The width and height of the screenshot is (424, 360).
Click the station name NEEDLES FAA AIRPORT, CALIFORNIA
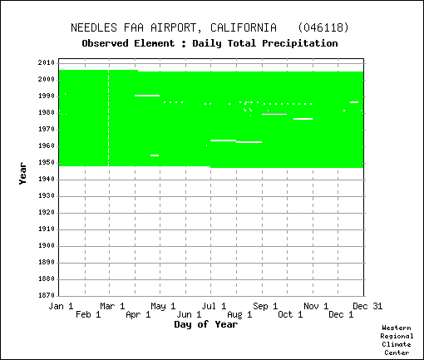[174, 28]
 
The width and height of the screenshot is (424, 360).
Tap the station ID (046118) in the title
[323, 27]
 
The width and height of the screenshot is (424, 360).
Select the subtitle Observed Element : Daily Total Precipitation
[210, 43]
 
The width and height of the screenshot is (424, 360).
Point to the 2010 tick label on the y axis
[47, 62]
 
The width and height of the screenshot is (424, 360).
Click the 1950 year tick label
[47, 163]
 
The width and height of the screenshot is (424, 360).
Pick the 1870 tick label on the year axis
[47, 295]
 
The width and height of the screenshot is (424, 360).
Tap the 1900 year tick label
[47, 246]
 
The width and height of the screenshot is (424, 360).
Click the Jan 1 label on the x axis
[61, 306]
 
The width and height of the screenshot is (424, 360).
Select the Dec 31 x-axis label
[367, 306]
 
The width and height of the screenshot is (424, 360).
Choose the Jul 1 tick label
[214, 306]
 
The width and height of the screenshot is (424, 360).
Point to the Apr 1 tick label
[138, 315]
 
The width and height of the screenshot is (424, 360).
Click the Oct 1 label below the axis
[290, 315]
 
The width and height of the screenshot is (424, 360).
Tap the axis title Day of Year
[206, 324]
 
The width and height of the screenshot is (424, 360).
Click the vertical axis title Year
[22, 174]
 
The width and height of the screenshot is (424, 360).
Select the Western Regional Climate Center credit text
[397, 340]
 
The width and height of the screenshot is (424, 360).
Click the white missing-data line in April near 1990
[147, 96]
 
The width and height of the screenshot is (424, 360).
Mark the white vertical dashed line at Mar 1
[109, 118]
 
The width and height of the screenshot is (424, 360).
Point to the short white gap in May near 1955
[155, 155]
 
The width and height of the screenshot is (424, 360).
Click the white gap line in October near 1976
[303, 119]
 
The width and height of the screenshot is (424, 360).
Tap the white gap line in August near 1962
[249, 142]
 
